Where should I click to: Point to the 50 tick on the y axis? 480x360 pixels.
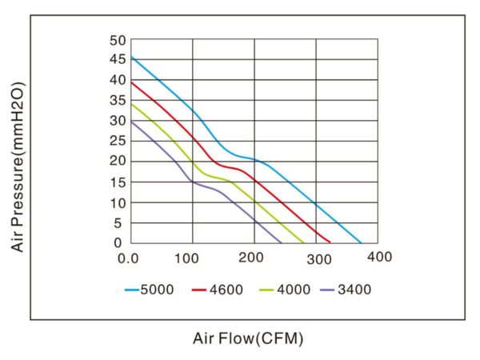coord(118,40)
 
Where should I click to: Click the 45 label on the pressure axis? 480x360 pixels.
coord(118,60)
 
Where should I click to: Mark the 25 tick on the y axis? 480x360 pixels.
coord(118,142)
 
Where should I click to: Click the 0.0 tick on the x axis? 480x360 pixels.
coord(128,258)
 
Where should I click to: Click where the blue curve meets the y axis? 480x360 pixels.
coord(131,57)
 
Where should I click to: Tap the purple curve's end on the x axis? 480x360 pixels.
coord(282,242)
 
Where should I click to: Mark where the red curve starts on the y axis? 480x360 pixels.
coord(131,82)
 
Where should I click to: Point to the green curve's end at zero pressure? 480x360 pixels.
coord(304,242)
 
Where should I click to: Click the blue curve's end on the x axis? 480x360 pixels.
coord(362,242)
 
